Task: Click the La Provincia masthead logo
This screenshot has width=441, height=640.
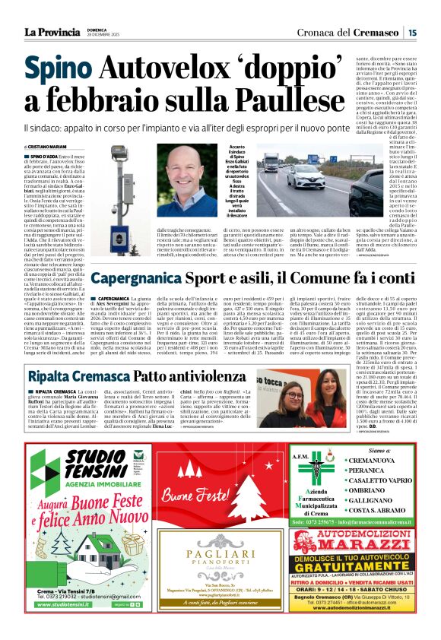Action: tap(53, 32)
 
